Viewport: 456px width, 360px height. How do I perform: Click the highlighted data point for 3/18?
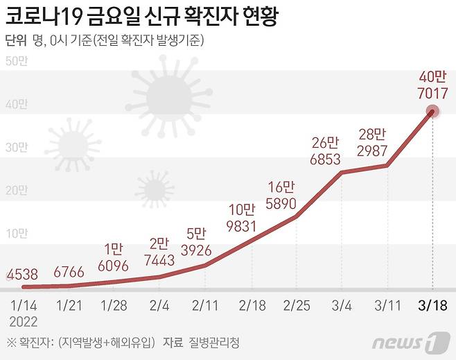(432, 112)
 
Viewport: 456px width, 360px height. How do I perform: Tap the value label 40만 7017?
(432, 84)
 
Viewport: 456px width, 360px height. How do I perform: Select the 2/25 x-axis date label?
(296, 305)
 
